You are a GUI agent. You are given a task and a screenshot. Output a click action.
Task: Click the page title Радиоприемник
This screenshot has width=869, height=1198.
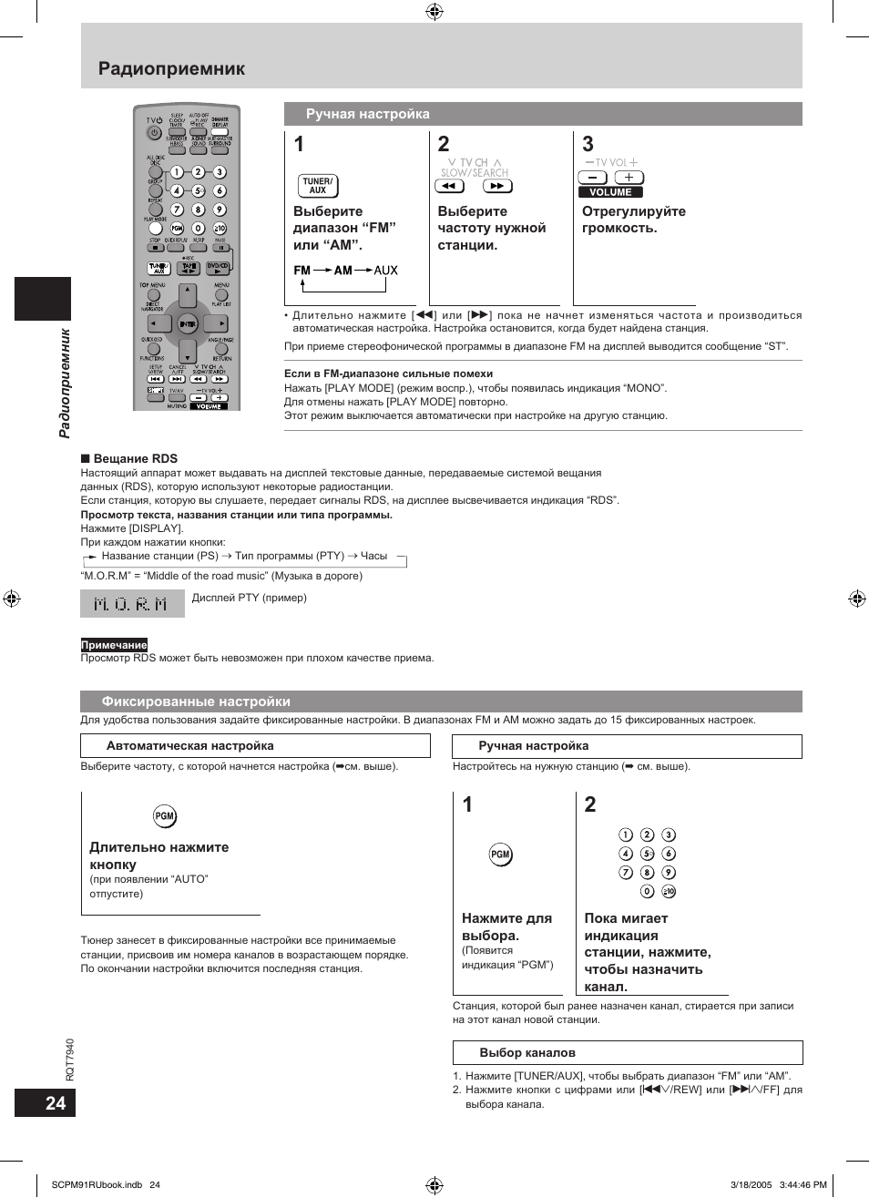point(171,68)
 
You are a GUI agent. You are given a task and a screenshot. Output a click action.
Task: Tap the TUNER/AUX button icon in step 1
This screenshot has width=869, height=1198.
point(318,186)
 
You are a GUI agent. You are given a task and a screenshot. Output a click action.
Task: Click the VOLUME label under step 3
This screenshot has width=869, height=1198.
point(610,192)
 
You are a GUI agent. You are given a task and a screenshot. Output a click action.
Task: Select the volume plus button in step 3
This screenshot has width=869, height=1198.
point(629,178)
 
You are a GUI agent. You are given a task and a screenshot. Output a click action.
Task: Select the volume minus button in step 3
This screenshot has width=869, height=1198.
point(592,178)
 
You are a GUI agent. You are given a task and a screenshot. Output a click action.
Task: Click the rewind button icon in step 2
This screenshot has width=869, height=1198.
point(449,186)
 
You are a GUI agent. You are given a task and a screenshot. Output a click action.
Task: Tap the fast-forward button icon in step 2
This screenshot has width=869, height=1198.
point(497,186)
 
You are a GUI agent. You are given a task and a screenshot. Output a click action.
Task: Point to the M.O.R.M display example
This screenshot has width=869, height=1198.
point(132,604)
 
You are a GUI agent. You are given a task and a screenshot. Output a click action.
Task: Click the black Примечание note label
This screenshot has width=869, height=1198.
point(114,645)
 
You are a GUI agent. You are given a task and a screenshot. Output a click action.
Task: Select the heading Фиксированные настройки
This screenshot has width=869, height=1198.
point(196,701)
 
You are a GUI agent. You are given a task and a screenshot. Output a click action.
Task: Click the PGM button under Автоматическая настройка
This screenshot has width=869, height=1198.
point(165,816)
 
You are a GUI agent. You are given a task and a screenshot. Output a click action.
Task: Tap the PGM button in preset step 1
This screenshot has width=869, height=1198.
point(500,855)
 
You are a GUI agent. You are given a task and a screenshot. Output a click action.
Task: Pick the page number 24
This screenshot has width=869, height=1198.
point(55,1103)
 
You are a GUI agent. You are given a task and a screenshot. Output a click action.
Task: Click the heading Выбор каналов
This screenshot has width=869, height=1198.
point(527,1052)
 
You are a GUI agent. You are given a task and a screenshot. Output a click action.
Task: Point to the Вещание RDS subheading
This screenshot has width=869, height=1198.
point(135,459)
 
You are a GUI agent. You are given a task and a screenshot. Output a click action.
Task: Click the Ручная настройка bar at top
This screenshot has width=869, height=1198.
point(368,114)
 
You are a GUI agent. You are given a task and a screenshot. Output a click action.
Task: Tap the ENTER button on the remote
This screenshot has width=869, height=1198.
point(187,323)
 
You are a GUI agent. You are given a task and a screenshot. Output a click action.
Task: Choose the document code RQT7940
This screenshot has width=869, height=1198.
point(70,1060)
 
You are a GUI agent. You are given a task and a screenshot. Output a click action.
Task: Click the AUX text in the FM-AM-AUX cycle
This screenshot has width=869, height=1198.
point(385,271)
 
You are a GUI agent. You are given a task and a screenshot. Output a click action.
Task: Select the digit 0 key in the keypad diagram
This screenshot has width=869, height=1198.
point(647,891)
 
